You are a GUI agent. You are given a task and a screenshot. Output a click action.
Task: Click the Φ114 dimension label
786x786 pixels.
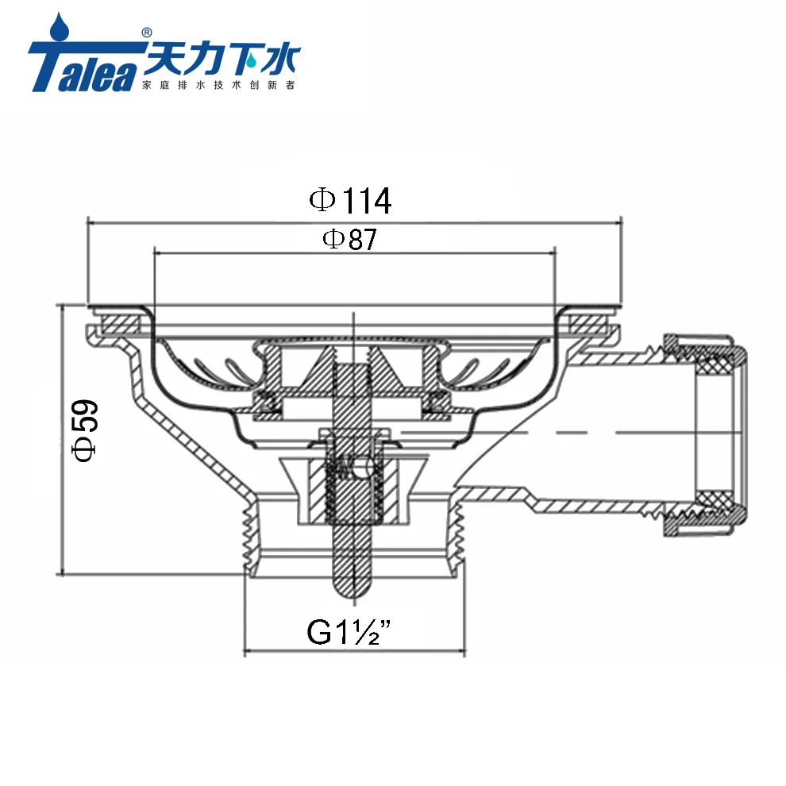(x=350, y=201)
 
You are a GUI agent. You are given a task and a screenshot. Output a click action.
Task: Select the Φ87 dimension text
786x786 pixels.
(x=349, y=239)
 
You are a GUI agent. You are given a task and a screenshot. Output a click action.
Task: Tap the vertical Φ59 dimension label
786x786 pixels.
(x=85, y=430)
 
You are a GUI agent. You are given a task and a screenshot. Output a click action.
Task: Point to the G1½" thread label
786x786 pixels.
(x=352, y=633)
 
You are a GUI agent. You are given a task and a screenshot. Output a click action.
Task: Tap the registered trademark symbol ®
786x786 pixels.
(x=146, y=33)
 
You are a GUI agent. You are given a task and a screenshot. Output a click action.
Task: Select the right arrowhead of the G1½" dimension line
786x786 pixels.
(x=462, y=653)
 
